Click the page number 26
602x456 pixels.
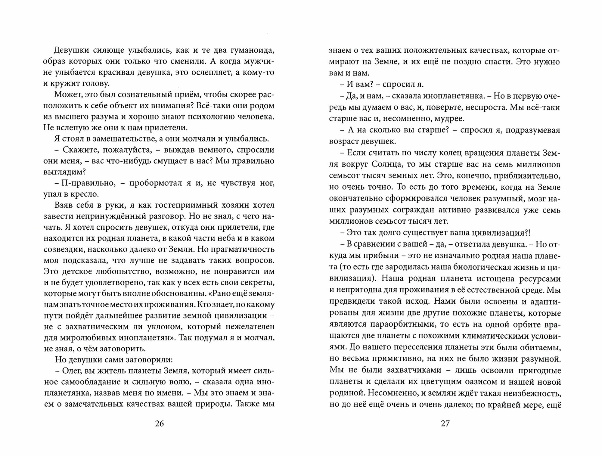[x=159, y=423]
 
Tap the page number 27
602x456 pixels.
[x=445, y=423]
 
